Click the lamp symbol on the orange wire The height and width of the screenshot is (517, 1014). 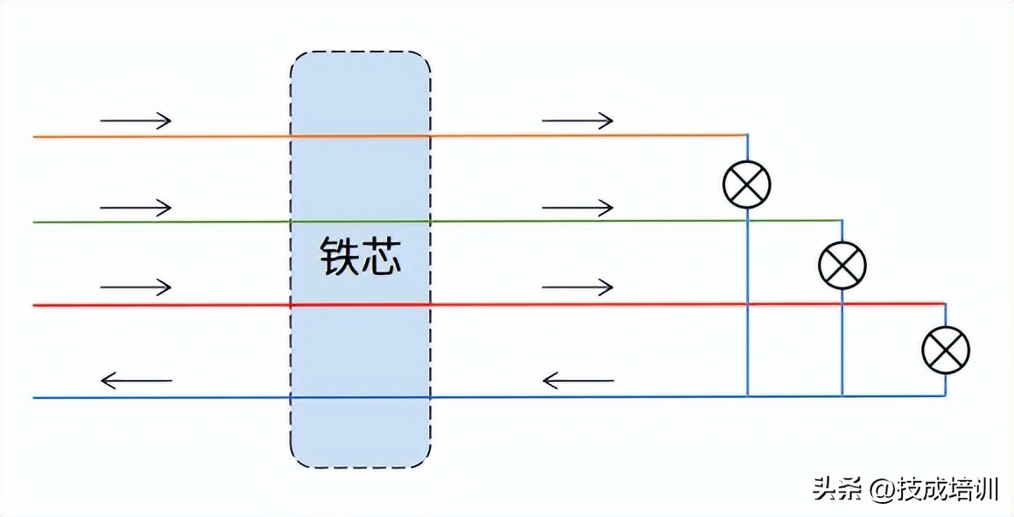click(x=746, y=184)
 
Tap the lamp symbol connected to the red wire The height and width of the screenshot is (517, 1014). click(x=946, y=350)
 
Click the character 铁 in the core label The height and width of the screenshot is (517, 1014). click(x=339, y=256)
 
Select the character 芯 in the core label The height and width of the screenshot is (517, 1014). click(x=381, y=256)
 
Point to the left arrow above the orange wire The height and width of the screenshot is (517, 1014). click(x=136, y=120)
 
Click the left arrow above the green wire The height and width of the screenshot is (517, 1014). click(x=136, y=208)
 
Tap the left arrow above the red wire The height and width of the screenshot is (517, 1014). click(x=136, y=287)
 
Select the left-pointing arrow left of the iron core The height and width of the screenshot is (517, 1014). click(x=136, y=380)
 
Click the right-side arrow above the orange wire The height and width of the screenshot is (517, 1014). click(x=577, y=120)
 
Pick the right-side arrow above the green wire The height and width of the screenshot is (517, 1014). click(x=577, y=208)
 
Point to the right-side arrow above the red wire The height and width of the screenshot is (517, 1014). click(x=577, y=287)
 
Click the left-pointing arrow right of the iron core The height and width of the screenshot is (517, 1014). click(x=577, y=380)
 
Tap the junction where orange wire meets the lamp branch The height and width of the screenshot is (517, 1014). click(x=747, y=135)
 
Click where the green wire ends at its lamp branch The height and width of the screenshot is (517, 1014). click(x=841, y=220)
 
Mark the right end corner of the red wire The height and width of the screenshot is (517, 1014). click(x=946, y=304)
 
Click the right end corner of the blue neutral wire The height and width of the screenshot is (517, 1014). click(x=946, y=395)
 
